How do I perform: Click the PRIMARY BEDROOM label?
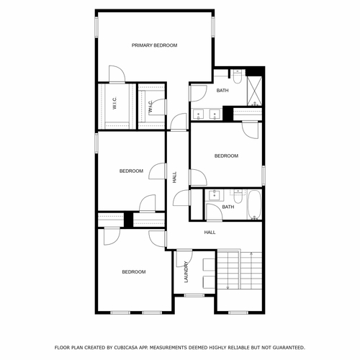pyautogui.click(x=154, y=45)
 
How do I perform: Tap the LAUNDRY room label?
pyautogui.click(x=186, y=273)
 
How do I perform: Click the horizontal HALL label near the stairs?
pyautogui.click(x=210, y=233)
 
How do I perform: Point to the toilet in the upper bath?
pyautogui.click(x=238, y=72)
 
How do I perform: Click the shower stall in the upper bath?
pyautogui.click(x=254, y=89)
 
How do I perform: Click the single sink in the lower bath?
pyautogui.click(x=214, y=194)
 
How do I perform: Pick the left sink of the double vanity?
pyautogui.click(x=199, y=113)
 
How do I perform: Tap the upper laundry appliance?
pyautogui.click(x=208, y=264)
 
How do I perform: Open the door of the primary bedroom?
pyautogui.click(x=117, y=74)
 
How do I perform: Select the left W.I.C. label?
pyautogui.click(x=114, y=105)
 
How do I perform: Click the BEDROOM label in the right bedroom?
pyautogui.click(x=226, y=156)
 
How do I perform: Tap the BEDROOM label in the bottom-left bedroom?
pyautogui.click(x=133, y=271)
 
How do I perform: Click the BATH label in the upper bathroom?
pyautogui.click(x=222, y=90)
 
